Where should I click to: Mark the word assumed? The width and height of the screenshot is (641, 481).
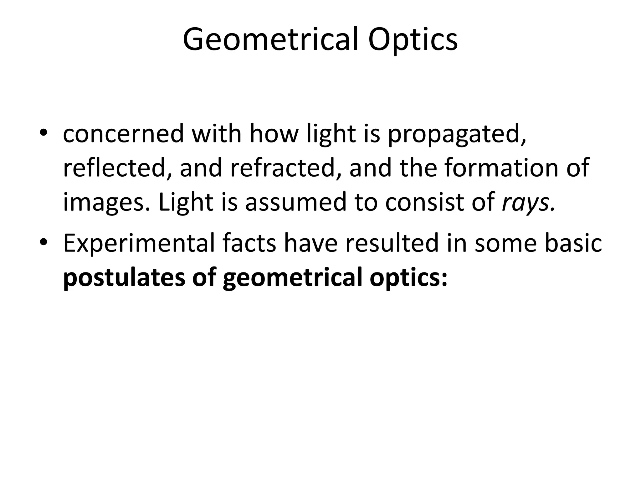pos(296,202)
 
